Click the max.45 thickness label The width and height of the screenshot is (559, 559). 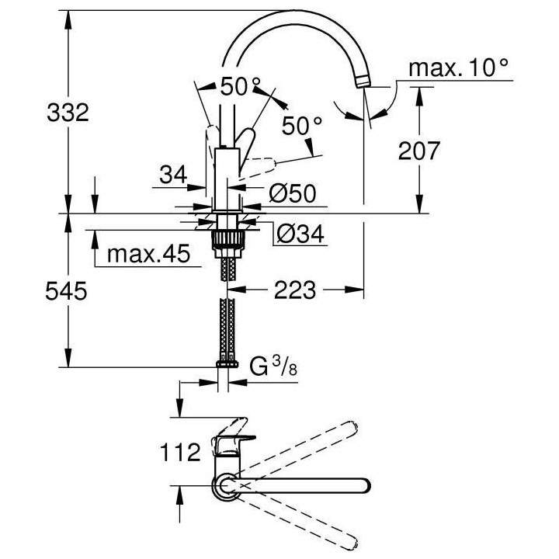pyautogui.click(x=148, y=255)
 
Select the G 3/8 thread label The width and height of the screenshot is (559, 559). pyautogui.click(x=273, y=366)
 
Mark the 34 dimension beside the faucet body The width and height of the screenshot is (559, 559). pyautogui.click(x=175, y=176)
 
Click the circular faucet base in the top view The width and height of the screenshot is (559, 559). pyautogui.click(x=224, y=487)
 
